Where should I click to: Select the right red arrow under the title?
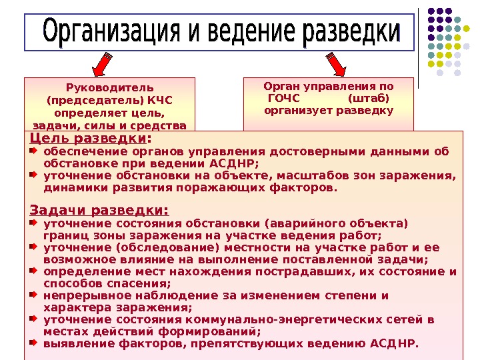[x=337, y=64]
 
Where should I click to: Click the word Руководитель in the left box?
[x=109, y=88]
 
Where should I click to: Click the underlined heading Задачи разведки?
[x=99, y=211]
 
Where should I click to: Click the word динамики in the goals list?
[x=68, y=188]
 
